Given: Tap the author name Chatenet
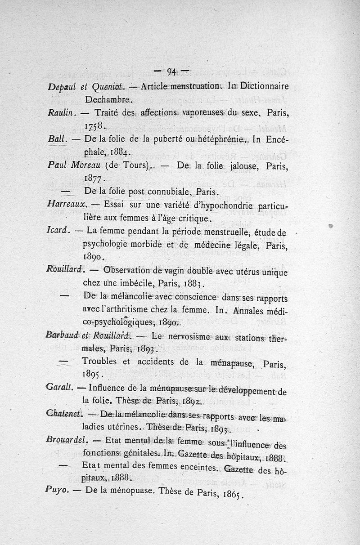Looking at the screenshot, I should (x=63, y=414).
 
